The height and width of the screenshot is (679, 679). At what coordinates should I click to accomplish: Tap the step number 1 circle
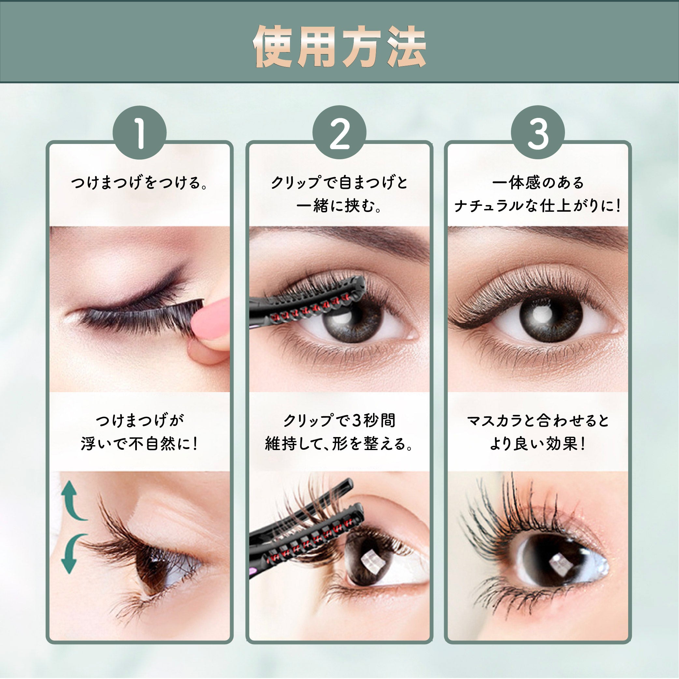(139, 133)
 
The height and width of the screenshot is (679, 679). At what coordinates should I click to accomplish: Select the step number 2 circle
(339, 133)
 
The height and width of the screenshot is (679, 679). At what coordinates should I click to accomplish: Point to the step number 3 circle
(538, 133)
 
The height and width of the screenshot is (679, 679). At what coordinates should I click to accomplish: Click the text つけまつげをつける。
(139, 183)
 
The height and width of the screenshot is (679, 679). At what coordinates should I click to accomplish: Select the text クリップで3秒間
(339, 420)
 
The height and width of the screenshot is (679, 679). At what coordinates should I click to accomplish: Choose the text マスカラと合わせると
(538, 420)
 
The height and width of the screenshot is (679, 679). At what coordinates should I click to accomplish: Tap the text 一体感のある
(538, 183)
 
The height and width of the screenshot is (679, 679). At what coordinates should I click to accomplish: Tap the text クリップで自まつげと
(339, 183)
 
